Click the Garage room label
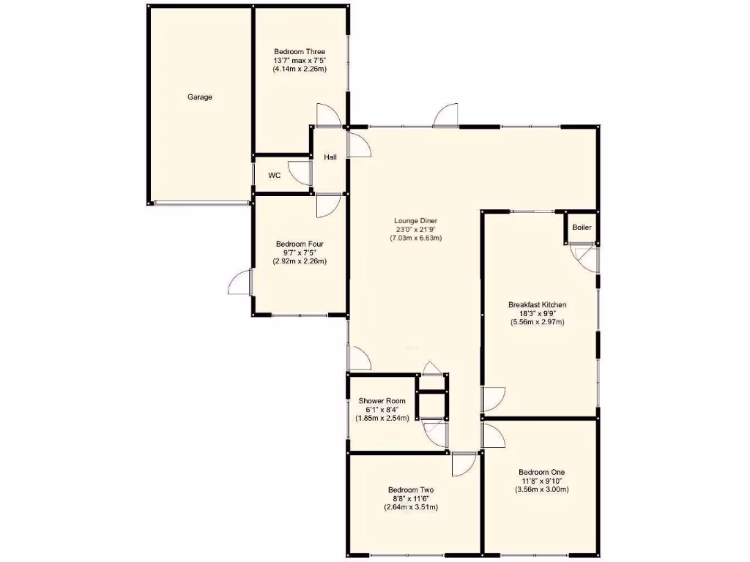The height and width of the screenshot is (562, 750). click(x=199, y=97)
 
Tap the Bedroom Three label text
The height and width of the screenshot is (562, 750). click(x=300, y=51)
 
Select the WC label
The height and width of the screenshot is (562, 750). click(x=275, y=175)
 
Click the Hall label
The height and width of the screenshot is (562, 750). click(x=330, y=157)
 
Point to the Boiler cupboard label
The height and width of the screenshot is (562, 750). click(x=582, y=228)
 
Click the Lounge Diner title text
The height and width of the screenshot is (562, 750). click(x=415, y=220)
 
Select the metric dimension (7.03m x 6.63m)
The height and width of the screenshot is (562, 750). click(x=415, y=238)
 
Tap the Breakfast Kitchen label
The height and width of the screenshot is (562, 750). click(x=537, y=304)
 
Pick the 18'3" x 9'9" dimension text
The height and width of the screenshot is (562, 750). click(x=537, y=313)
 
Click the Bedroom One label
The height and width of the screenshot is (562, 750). click(x=541, y=472)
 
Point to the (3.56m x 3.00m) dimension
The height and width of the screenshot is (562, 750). click(x=541, y=490)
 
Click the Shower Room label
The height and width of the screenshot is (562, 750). click(x=382, y=401)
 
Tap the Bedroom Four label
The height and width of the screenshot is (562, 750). click(x=300, y=244)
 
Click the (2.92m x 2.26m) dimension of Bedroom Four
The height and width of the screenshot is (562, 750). click(x=300, y=261)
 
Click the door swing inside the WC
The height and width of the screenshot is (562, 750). click(x=299, y=173)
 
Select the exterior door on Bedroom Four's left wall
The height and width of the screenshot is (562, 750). click(x=243, y=281)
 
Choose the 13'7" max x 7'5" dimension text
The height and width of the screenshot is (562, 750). click(x=300, y=60)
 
